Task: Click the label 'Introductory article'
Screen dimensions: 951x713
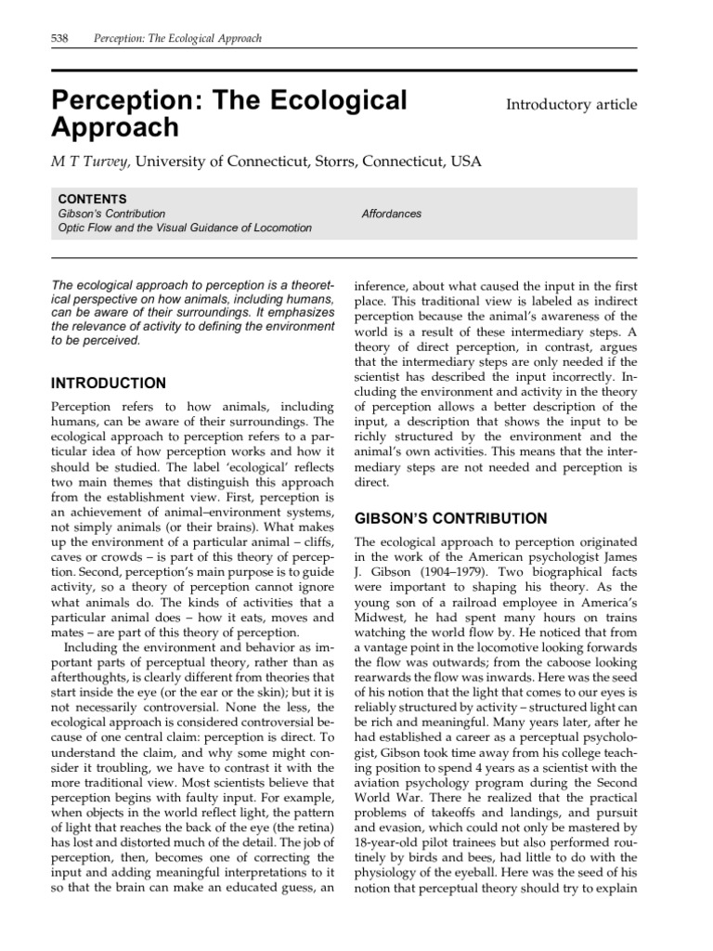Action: (571, 104)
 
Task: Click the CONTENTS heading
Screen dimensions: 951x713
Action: (93, 199)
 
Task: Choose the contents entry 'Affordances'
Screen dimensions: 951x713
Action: (391, 214)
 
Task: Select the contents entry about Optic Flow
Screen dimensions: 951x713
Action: (185, 228)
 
